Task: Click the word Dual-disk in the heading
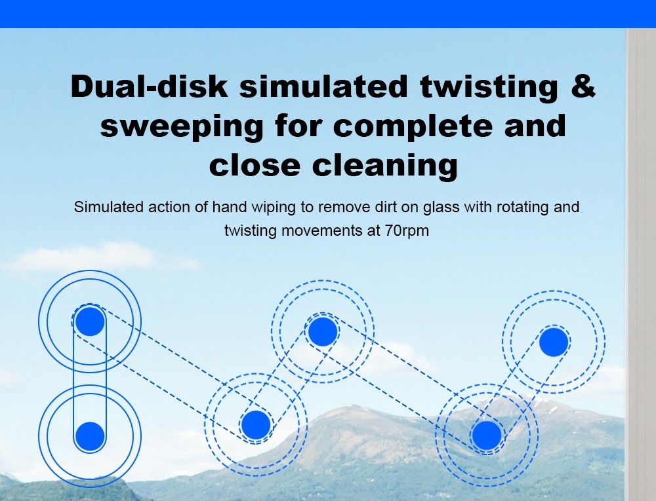tap(150, 86)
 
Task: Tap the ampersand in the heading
tap(581, 86)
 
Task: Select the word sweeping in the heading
tap(182, 127)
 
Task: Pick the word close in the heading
tap(255, 165)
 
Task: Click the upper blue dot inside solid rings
tap(90, 322)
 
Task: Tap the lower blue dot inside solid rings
tap(90, 436)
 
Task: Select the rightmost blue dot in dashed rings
tap(554, 343)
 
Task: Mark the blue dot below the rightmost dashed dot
tap(487, 436)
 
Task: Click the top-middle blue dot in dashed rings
tap(323, 331)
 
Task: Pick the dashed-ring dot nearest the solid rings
tap(256, 424)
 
